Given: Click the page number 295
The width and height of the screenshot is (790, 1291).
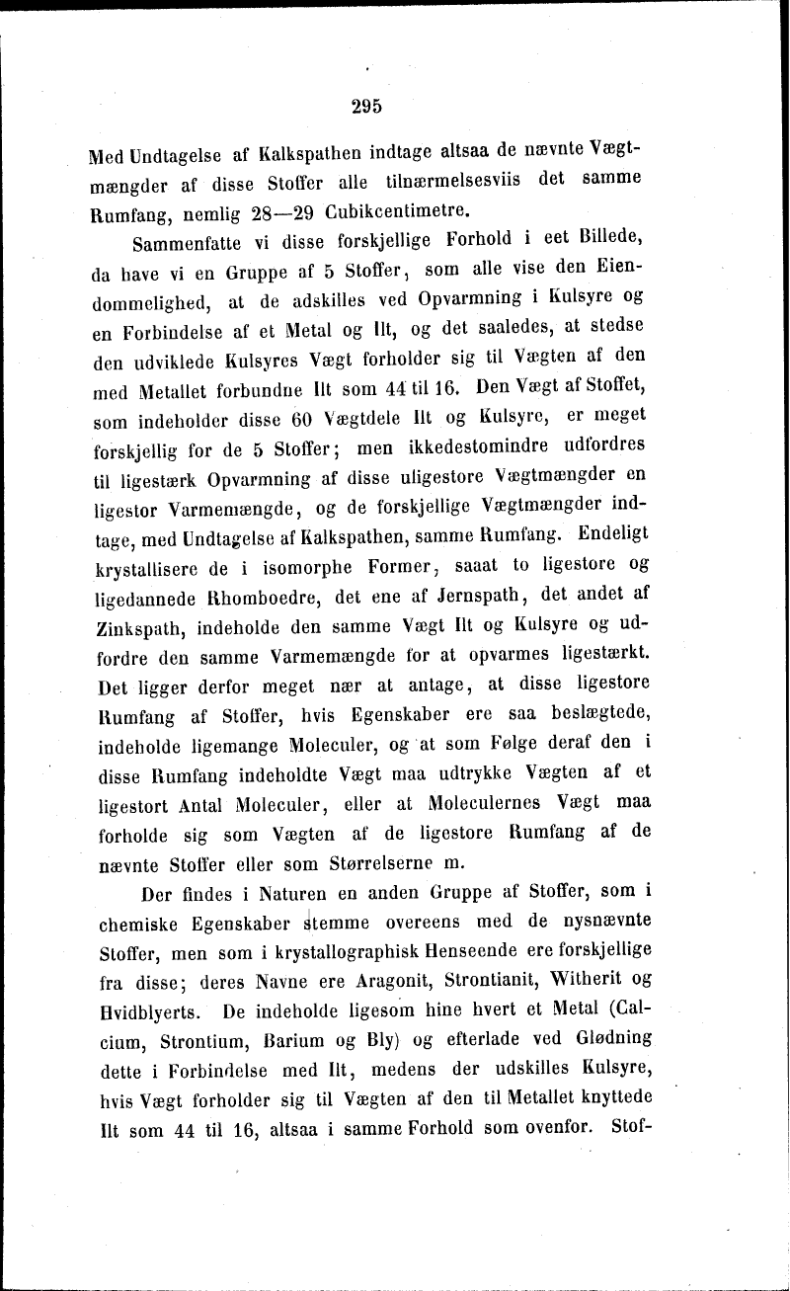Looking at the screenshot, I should tap(365, 107).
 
